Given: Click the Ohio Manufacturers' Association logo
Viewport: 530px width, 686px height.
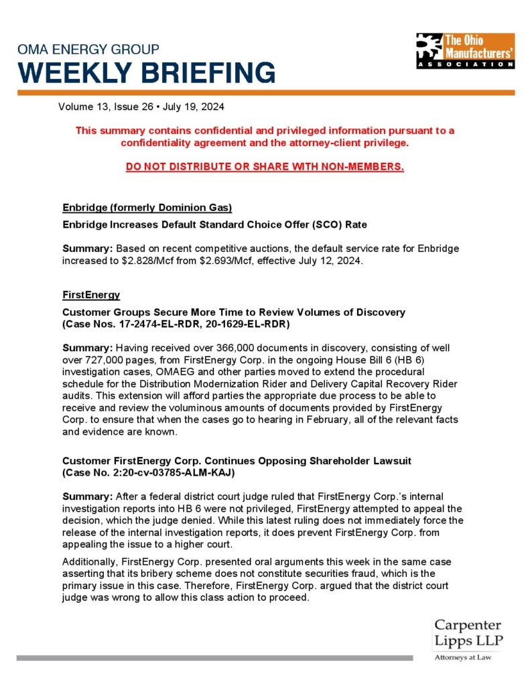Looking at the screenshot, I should [x=465, y=51].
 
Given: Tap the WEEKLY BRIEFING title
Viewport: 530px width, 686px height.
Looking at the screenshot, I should [x=146, y=72].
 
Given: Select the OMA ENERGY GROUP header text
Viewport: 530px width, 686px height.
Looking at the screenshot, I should [x=88, y=50].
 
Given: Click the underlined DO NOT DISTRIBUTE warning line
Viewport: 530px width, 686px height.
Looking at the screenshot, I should [x=265, y=166].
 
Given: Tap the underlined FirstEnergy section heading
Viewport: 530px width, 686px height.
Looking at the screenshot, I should [x=90, y=295].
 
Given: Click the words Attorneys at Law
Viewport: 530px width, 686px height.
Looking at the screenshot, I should [x=463, y=658].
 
